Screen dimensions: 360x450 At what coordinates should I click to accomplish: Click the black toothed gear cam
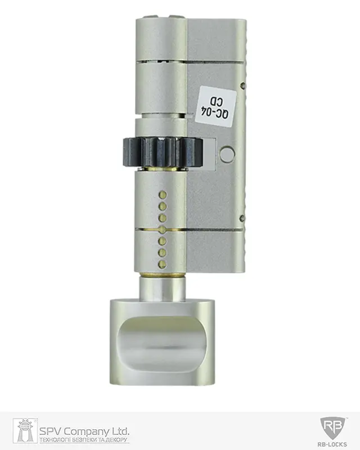pyautogui.click(x=163, y=152)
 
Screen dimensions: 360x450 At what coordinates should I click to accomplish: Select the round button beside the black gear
pyautogui.click(x=227, y=153)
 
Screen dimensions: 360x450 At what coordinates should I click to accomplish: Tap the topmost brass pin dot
pyautogui.click(x=163, y=195)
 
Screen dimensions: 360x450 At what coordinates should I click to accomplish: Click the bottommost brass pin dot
pyautogui.click(x=163, y=264)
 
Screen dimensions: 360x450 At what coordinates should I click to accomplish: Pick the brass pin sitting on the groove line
pyautogui.click(x=163, y=229)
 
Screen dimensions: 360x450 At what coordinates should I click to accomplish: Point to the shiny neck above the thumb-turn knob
pyautogui.click(x=162, y=289)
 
